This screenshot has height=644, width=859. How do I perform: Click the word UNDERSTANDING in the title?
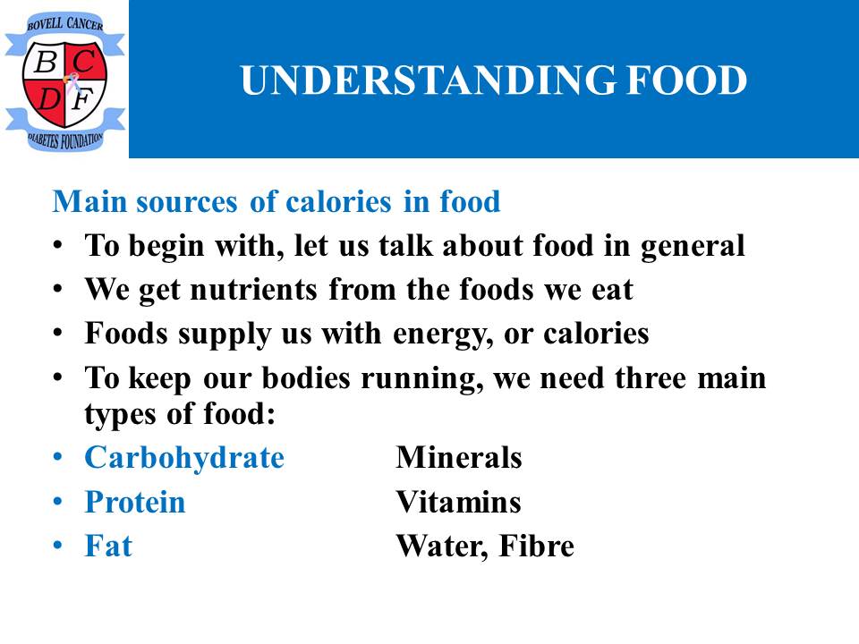(x=428, y=80)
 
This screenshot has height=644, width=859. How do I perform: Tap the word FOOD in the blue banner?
(x=687, y=80)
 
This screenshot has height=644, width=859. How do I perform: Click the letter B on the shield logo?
(x=46, y=62)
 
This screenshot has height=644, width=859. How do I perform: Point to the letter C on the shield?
(x=84, y=61)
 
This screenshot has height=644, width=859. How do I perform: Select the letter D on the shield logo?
(x=49, y=98)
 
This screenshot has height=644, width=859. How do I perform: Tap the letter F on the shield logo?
(x=83, y=99)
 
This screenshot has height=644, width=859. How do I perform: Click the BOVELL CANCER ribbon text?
(x=65, y=23)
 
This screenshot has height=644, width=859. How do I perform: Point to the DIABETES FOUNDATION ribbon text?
(x=65, y=140)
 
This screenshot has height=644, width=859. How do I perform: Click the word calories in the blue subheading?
(x=338, y=201)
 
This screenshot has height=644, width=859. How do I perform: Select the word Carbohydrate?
(x=184, y=458)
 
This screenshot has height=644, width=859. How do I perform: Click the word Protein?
(x=135, y=502)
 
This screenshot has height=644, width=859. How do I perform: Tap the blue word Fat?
(x=108, y=546)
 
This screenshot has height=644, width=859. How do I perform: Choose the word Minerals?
(x=458, y=457)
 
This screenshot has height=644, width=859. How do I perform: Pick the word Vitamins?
(x=458, y=502)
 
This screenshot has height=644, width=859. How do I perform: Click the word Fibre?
(x=536, y=546)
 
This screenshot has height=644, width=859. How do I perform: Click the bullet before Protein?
(x=58, y=502)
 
